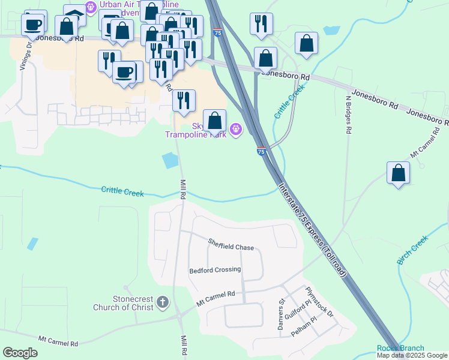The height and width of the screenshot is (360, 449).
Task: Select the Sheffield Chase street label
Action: pos(231,245)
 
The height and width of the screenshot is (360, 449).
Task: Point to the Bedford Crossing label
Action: pos(215,270)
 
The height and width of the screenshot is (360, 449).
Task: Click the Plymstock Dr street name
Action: pos(319,301)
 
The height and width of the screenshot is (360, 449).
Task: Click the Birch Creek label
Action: pos(412,250)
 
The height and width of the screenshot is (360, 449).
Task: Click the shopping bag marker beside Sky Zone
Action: pos(215,121)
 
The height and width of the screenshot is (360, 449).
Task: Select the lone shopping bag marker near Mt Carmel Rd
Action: pos(398,173)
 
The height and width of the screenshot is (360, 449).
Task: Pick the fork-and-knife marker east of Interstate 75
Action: pos(261,24)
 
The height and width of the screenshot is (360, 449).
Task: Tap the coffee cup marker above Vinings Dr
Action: pos(32,25)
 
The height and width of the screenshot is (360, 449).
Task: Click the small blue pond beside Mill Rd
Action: pos(170,160)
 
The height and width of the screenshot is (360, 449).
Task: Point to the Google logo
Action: pos(20,353)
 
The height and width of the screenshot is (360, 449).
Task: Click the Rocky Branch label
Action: pos(400,348)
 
